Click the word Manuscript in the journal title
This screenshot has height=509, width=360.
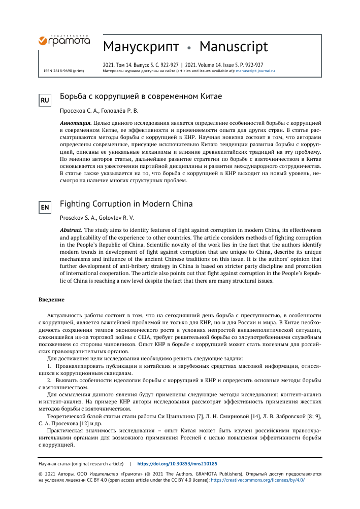coord(234,47)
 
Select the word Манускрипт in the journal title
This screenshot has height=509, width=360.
coord(141,47)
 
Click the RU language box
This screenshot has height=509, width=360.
coord(45,100)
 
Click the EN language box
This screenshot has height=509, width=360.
coord(45,207)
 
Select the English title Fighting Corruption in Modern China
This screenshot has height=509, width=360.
coord(126,204)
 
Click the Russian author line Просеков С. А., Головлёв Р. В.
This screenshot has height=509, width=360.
coord(99,110)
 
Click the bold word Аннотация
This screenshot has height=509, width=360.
coord(76,123)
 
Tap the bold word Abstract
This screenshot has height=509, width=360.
coord(71,230)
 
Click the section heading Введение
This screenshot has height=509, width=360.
coord(52,299)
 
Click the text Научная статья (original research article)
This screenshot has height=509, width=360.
coord(81,464)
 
